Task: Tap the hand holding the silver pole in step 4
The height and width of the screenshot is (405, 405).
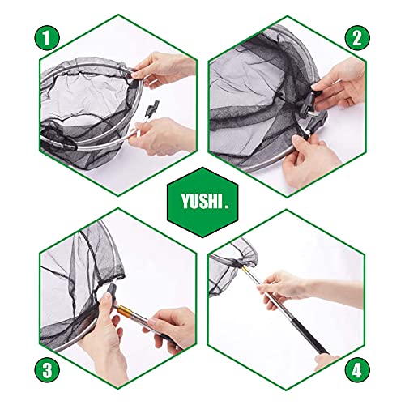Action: pyautogui.click(x=288, y=288)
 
